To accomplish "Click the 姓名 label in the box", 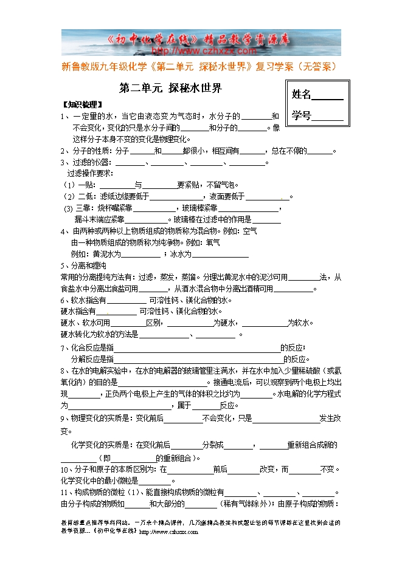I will point(302,94).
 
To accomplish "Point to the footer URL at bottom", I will point(168,532).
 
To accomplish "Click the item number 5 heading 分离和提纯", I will point(86,265).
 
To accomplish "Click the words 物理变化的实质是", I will point(102,418).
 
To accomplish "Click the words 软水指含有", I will point(83,300).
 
